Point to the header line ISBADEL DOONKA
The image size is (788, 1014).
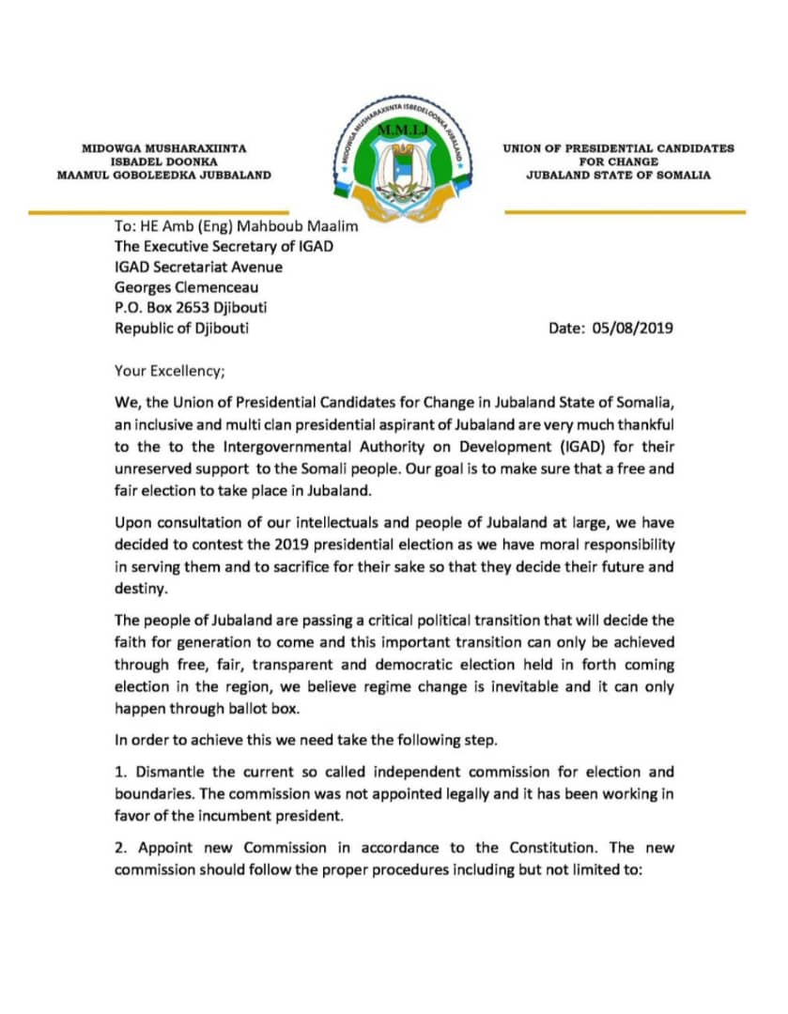click(163, 161)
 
